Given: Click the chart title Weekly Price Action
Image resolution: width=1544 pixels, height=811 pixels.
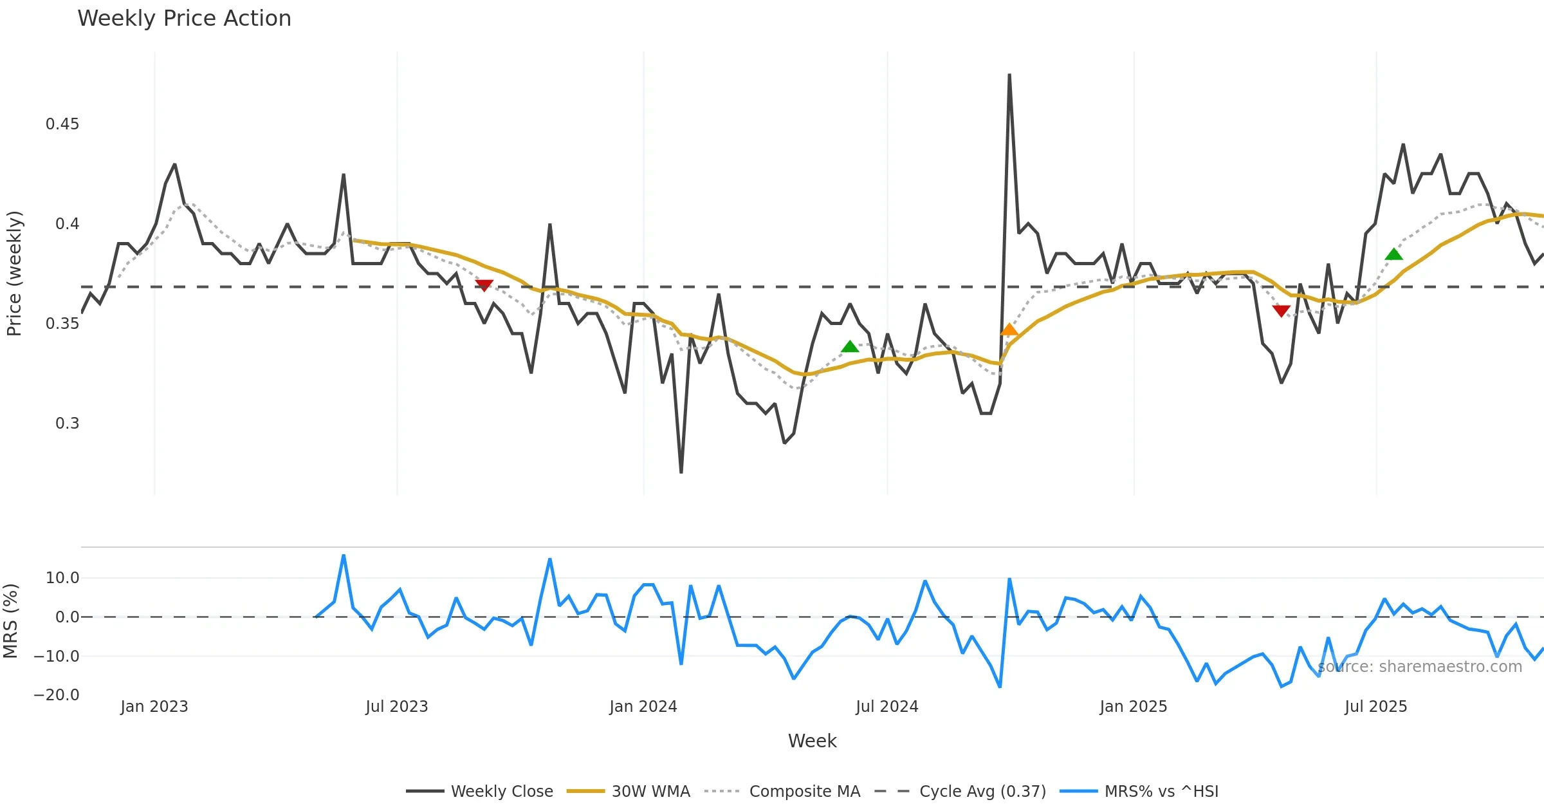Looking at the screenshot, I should pyautogui.click(x=184, y=18).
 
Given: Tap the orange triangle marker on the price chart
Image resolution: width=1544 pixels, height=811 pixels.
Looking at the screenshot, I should pyautogui.click(x=1009, y=330).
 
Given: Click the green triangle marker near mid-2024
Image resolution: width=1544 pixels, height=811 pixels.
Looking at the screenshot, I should pyautogui.click(x=850, y=347).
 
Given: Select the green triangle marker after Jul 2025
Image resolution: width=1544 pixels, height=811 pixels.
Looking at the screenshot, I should pyautogui.click(x=1393, y=254).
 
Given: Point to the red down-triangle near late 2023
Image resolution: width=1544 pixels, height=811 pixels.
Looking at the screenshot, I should pyautogui.click(x=484, y=285).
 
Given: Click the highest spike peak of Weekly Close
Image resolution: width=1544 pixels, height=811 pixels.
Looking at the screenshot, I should pyautogui.click(x=1009, y=75).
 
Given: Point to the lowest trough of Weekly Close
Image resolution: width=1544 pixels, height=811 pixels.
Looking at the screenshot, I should pyautogui.click(x=681, y=472).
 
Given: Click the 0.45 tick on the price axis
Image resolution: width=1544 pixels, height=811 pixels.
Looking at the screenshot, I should pyautogui.click(x=62, y=124).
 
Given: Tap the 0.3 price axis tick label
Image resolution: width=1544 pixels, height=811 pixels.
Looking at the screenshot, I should pyautogui.click(x=67, y=424).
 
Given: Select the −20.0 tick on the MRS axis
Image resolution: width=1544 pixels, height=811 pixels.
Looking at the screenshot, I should pyautogui.click(x=57, y=695).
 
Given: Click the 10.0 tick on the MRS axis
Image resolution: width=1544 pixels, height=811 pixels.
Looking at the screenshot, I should pyautogui.click(x=62, y=578).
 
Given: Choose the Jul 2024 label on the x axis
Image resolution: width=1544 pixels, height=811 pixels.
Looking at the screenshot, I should pyautogui.click(x=887, y=707).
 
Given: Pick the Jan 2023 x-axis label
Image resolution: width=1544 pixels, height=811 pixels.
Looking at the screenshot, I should pyautogui.click(x=154, y=707).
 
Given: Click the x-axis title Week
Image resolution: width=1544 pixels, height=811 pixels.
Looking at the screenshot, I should pyautogui.click(x=812, y=741).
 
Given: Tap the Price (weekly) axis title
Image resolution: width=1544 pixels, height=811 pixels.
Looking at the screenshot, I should pyautogui.click(x=14, y=274).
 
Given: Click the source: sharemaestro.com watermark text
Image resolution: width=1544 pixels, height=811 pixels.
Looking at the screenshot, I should pyautogui.click(x=1420, y=667).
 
